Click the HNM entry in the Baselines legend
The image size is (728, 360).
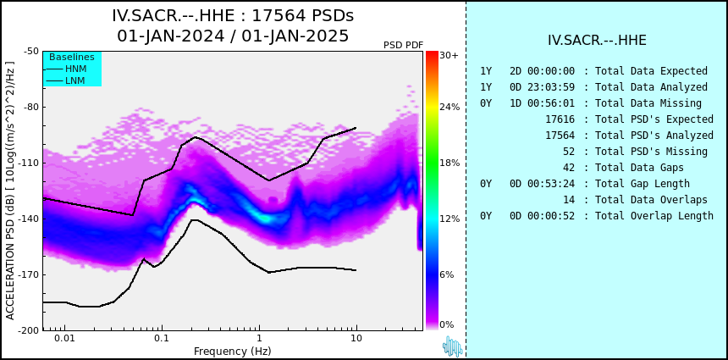(75, 69)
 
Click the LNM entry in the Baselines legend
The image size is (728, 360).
(75, 80)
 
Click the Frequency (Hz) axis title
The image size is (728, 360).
(232, 351)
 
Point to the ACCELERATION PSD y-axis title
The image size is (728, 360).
(10, 191)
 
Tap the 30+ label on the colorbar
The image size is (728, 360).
(449, 55)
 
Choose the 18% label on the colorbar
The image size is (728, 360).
(449, 163)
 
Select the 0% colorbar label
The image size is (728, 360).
(447, 324)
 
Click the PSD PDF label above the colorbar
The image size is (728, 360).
(403, 45)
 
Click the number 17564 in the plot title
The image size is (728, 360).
(276, 16)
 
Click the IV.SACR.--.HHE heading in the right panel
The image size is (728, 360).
(597, 41)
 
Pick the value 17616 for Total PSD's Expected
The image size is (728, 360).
(560, 119)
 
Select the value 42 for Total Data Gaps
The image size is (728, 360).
(568, 167)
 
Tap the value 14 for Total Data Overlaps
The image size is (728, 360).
(568, 199)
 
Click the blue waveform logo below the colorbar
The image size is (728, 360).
(453, 346)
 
